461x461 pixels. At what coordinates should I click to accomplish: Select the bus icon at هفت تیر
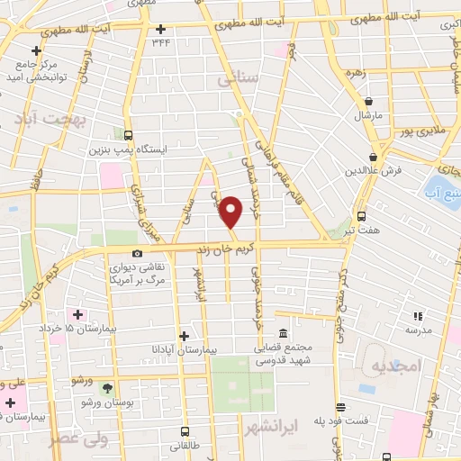tap(361, 216)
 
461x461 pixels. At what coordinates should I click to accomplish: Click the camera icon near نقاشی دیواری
tap(137, 254)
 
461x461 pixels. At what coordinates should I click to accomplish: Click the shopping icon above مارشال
tap(369, 101)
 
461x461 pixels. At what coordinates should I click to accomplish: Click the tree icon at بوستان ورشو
tap(108, 389)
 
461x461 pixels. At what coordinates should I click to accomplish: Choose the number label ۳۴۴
tap(161, 41)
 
